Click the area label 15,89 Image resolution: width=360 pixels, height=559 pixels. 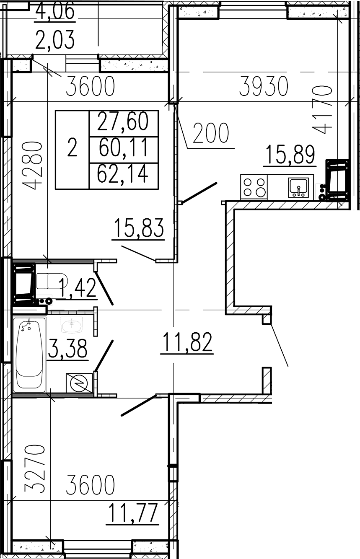[290, 155]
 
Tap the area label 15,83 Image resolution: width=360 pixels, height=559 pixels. [139, 228]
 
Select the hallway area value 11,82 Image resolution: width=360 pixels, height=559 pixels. [187, 342]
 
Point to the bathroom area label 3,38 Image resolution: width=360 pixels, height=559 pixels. [67, 348]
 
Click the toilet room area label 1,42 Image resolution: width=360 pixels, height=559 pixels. [78, 288]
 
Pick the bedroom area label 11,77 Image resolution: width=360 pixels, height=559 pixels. [133, 513]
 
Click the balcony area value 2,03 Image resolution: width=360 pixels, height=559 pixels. [55, 39]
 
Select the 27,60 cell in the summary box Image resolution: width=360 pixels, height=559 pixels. [123, 122]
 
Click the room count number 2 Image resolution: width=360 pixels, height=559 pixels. [72, 148]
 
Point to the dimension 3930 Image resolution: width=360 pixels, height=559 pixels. [264, 86]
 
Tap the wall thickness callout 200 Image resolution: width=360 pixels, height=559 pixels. [211, 133]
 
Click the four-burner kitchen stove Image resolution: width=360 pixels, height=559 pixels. [254, 187]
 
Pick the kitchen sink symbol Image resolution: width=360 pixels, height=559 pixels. [298, 187]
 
